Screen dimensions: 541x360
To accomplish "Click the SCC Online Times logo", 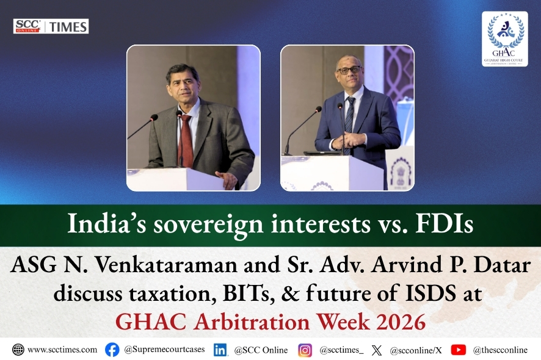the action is point(51,26).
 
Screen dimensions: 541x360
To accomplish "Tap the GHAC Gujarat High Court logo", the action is point(504,38).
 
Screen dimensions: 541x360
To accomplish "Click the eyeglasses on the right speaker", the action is point(349,70).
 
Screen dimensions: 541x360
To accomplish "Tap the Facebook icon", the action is point(112,350).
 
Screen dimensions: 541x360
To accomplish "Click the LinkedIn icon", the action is point(220,350).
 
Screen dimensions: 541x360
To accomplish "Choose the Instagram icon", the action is point(305,350).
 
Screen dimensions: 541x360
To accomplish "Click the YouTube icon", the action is point(458,350).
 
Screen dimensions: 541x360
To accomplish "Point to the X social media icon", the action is point(377,350).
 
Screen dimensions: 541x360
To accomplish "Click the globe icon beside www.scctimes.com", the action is point(18,350).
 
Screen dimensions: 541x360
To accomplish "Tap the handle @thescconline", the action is point(500,350).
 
